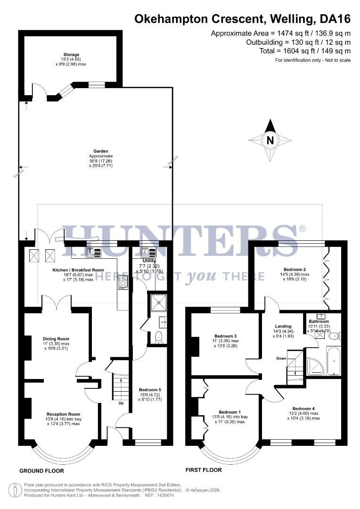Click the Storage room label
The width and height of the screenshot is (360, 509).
tap(72, 55)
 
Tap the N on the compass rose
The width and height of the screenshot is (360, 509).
tap(270, 140)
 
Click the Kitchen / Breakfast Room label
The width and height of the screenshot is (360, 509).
tap(78, 270)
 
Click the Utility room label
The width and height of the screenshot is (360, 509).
tap(149, 261)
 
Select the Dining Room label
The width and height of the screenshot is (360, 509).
tap(56, 339)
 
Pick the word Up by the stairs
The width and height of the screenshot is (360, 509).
tap(121, 403)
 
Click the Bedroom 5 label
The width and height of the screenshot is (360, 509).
tap(150, 390)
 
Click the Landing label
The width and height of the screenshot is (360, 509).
tap(284, 326)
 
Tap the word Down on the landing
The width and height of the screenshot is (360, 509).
tap(281, 358)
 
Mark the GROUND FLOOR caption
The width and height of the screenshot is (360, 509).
tap(41, 471)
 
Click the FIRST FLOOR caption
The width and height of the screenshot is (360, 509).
tap(204, 470)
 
